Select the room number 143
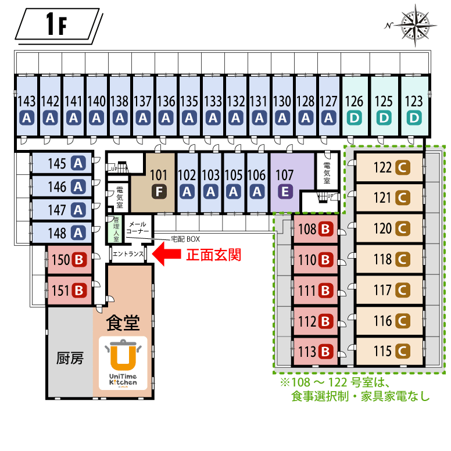[x=26, y=101]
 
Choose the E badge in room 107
[x=285, y=191]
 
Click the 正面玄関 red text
[x=213, y=255]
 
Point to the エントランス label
[x=128, y=254]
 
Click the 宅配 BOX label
[x=185, y=239]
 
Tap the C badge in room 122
[x=402, y=168]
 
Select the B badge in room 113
[x=325, y=352]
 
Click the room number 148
[x=57, y=232]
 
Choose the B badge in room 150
[x=78, y=260]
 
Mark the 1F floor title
[x=56, y=25]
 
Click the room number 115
[x=383, y=352]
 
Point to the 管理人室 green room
[x=116, y=230]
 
